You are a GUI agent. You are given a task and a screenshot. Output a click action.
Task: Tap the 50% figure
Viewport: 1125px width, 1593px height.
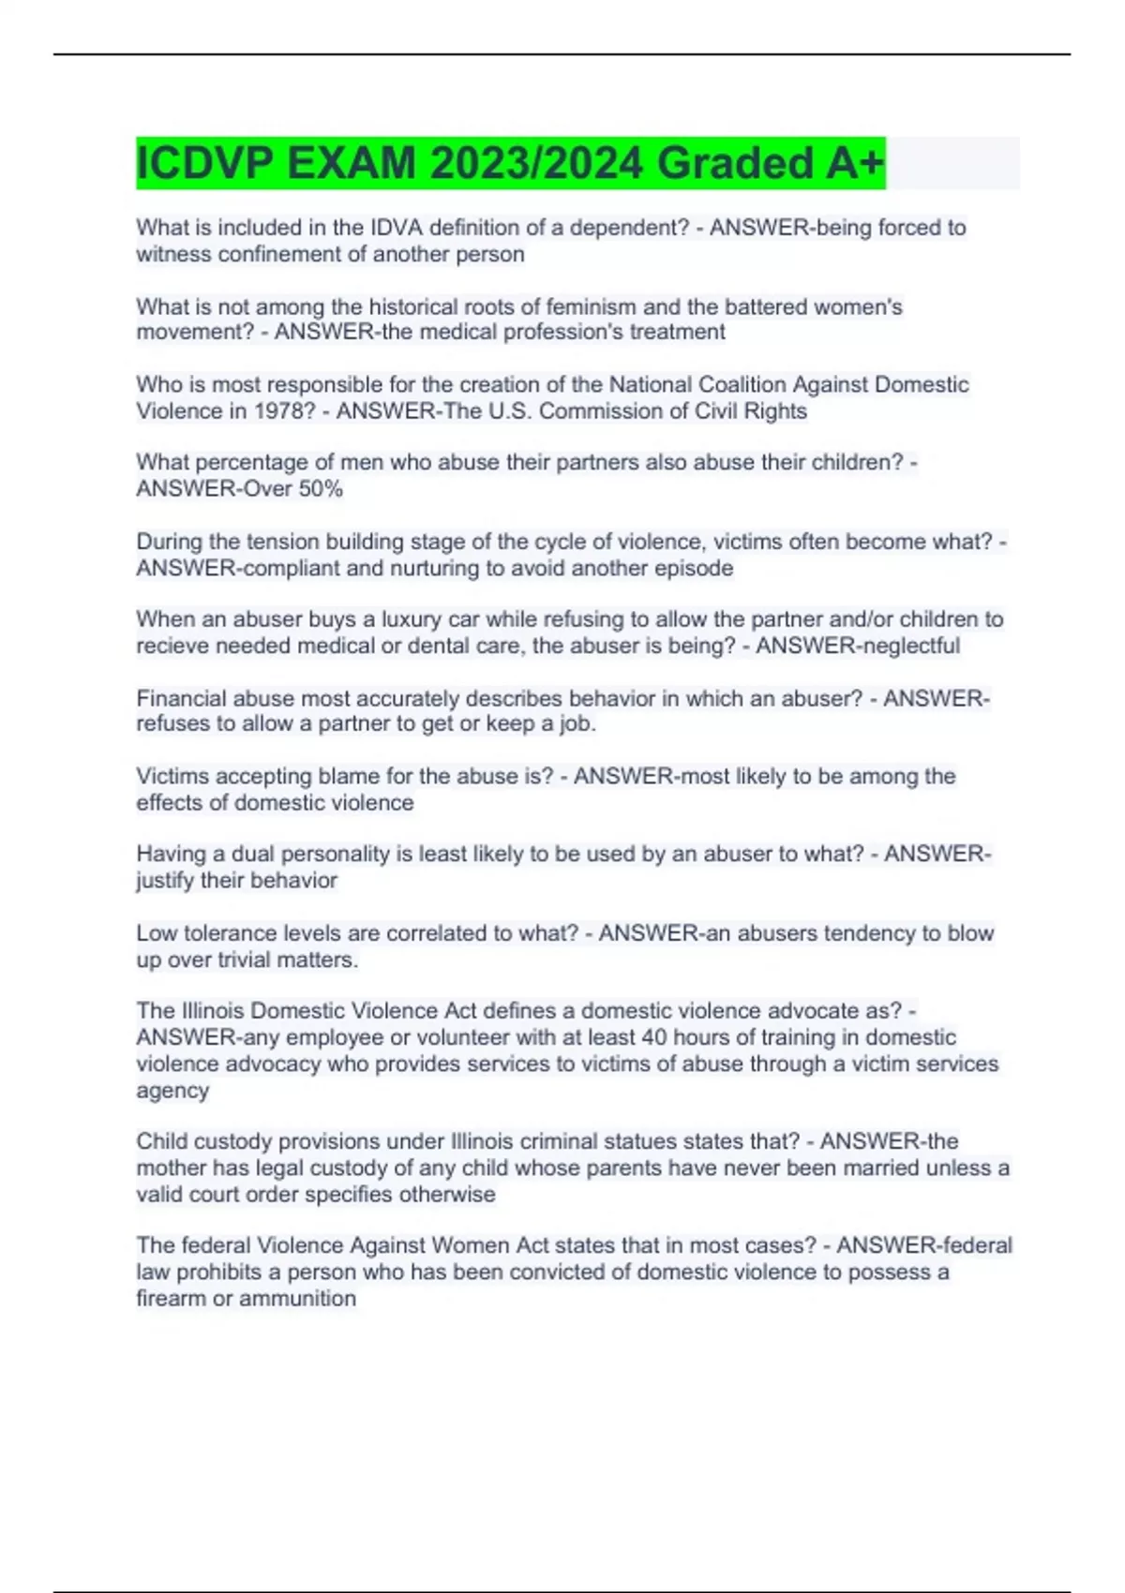pos(321,488)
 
